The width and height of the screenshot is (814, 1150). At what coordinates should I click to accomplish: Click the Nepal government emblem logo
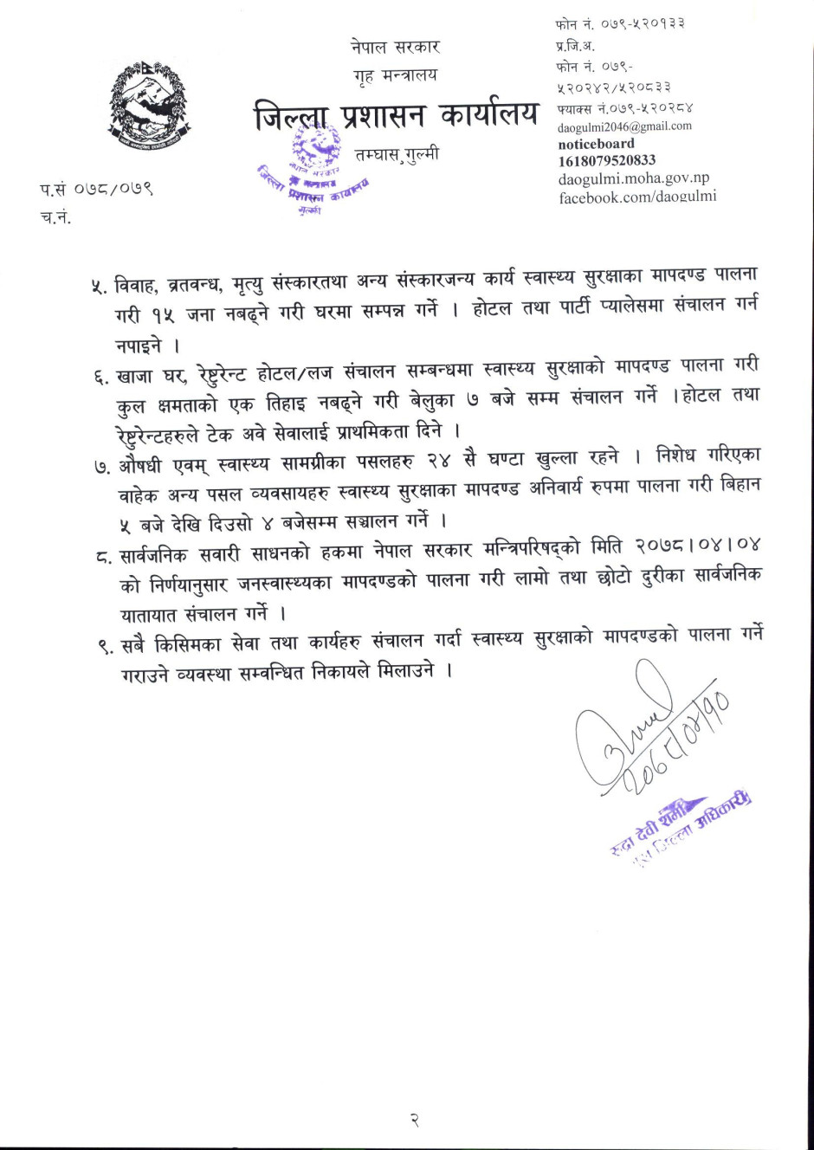(x=149, y=105)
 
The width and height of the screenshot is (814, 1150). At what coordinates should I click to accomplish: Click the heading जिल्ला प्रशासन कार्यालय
(x=396, y=115)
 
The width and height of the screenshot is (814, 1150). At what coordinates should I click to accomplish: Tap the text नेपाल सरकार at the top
(x=395, y=47)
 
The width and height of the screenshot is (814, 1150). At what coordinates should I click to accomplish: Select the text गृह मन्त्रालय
(x=395, y=75)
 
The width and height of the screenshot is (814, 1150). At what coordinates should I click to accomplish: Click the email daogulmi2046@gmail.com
(x=624, y=126)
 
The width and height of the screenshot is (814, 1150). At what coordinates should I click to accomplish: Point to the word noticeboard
(x=596, y=144)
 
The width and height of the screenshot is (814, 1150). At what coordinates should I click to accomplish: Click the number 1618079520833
(x=606, y=160)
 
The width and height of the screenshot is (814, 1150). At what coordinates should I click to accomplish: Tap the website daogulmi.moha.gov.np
(x=633, y=178)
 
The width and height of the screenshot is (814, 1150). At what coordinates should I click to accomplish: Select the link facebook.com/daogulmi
(x=637, y=197)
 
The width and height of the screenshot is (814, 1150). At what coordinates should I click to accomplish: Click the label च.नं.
(x=55, y=217)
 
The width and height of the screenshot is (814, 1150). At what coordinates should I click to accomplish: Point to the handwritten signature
(x=641, y=736)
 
